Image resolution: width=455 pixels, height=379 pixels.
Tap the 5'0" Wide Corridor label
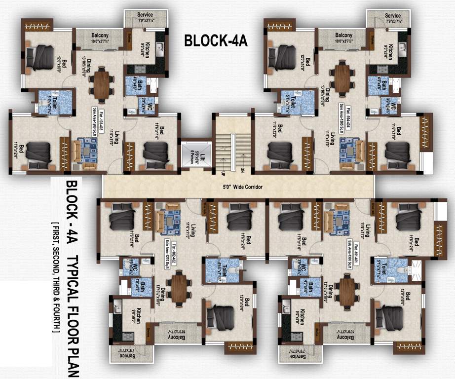[238, 188]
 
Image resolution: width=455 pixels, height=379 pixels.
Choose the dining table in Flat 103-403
[102, 82]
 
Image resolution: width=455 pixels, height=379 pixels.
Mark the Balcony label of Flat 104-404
[344, 35]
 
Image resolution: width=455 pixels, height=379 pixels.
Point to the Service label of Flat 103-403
[145, 15]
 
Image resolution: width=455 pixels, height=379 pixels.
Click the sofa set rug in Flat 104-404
[349, 149]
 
